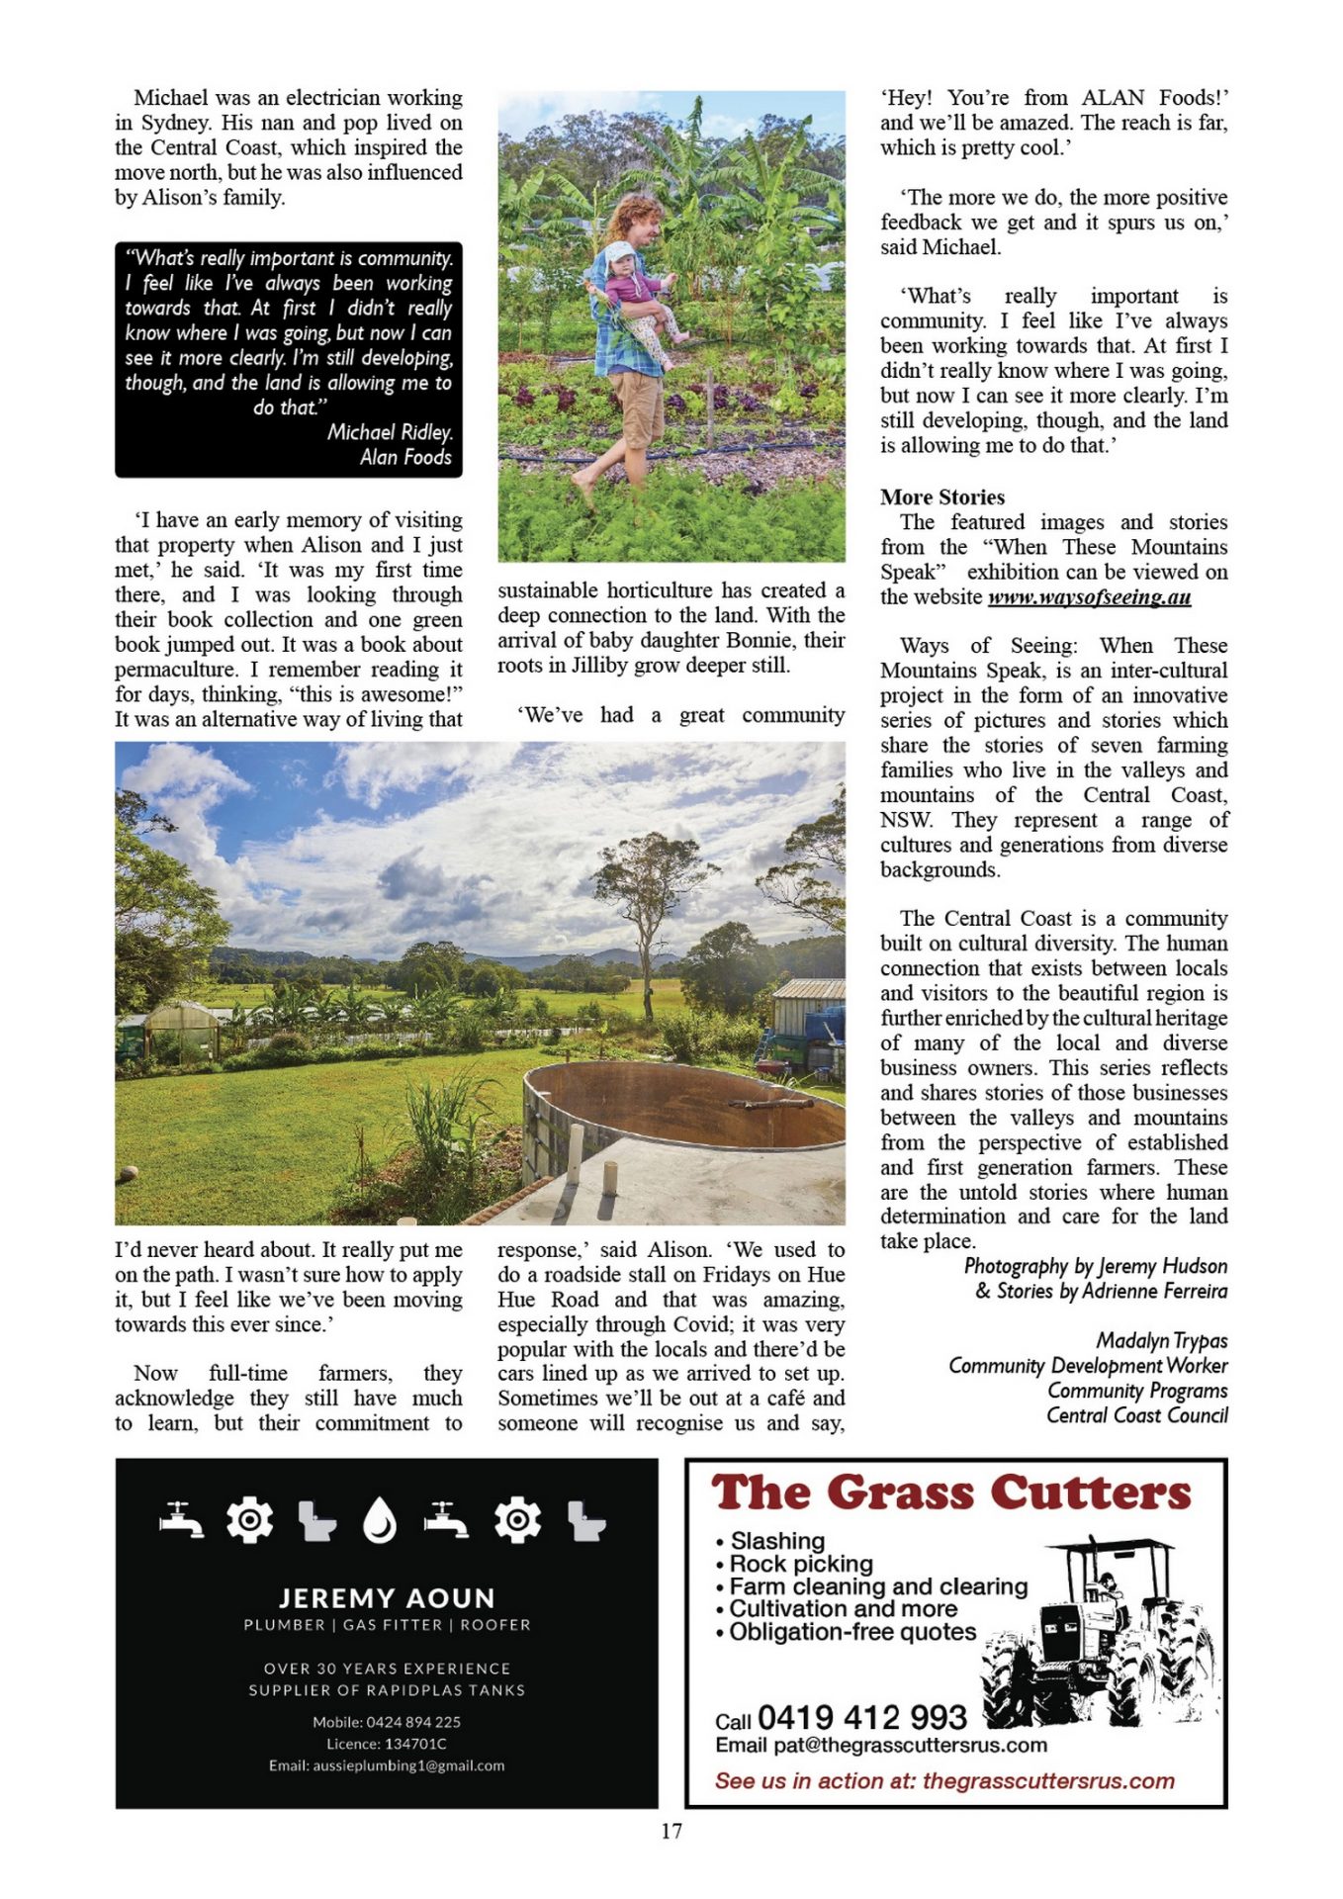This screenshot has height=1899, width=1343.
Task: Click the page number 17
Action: [x=671, y=1831]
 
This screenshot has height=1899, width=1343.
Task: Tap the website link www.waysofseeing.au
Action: [x=1089, y=597]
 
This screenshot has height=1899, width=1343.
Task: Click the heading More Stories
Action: [x=941, y=497]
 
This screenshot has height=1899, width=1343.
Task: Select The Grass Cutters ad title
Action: [x=950, y=1493]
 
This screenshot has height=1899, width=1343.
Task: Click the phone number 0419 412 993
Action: [x=861, y=1717]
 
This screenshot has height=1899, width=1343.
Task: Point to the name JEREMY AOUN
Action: [x=387, y=1598]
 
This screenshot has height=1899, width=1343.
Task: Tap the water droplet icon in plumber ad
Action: [x=380, y=1520]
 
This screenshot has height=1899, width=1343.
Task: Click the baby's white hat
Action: [x=619, y=252]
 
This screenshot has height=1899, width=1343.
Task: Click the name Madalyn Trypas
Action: [x=1161, y=1341]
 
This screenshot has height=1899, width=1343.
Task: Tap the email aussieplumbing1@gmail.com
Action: [x=387, y=1765]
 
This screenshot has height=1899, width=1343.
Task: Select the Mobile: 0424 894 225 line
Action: [x=387, y=1722]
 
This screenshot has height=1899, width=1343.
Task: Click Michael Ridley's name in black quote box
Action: [x=390, y=432]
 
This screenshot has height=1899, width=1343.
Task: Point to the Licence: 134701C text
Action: [x=387, y=1744]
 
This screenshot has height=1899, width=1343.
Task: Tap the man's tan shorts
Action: [x=635, y=408]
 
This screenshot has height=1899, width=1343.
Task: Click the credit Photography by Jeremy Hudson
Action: [x=1095, y=1267]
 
